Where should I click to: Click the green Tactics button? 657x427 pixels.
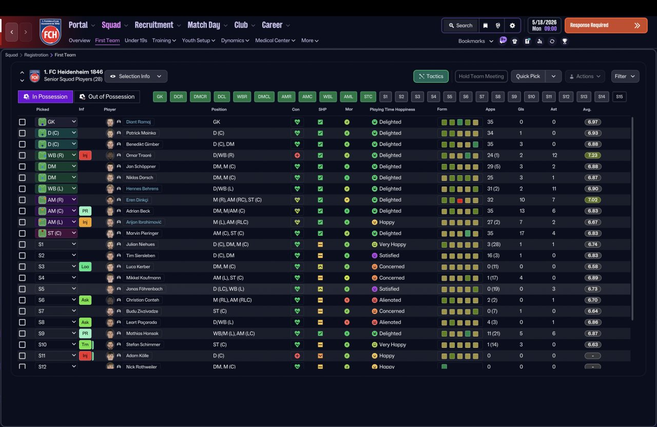tap(431, 77)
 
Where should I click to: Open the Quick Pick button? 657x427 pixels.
tap(528, 77)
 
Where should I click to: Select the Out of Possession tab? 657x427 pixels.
tap(107, 97)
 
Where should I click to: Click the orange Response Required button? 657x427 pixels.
tap(606, 25)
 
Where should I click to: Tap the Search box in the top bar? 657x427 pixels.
tap(460, 26)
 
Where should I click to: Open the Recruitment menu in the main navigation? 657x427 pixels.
tap(154, 25)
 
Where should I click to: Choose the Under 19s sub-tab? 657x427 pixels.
tap(136, 41)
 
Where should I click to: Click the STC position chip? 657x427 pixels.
tap(368, 97)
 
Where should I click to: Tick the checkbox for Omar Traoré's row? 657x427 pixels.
tap(22, 155)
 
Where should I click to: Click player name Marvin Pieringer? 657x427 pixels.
tap(142, 233)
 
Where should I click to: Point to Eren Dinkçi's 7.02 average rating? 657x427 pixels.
tap(592, 200)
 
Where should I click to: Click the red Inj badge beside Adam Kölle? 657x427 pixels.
tap(85, 356)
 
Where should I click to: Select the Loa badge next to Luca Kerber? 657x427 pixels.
tap(85, 267)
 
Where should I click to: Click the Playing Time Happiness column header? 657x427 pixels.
tap(392, 109)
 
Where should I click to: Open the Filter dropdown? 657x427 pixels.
tap(625, 77)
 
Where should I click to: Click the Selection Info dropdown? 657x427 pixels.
tap(136, 77)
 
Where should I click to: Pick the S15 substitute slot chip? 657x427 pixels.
tap(619, 97)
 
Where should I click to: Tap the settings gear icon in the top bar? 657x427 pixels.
tap(512, 26)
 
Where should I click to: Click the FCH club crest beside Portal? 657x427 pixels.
tap(50, 32)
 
